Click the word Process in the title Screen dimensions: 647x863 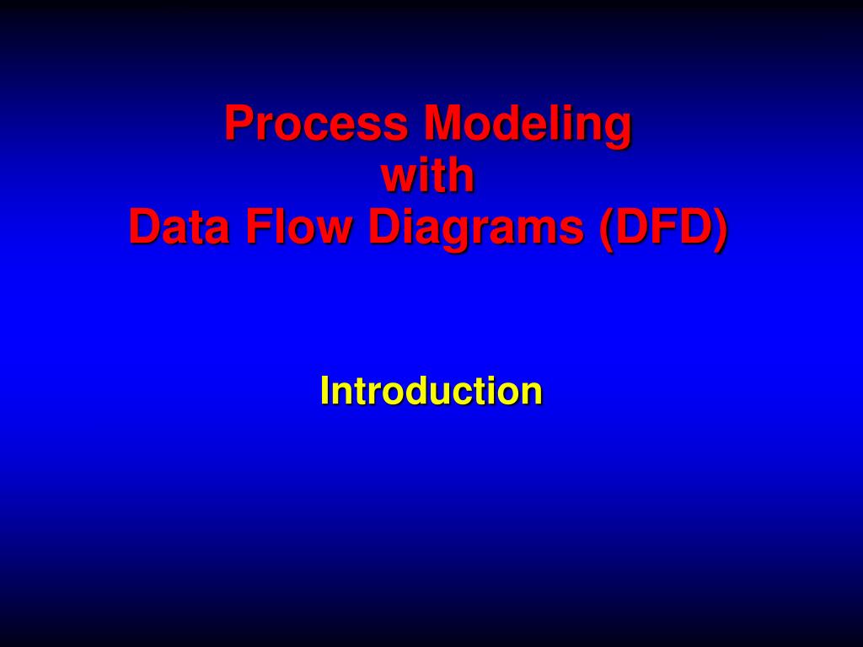[x=316, y=124]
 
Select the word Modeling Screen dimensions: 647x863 [x=527, y=124]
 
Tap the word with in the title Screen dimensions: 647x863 [x=428, y=176]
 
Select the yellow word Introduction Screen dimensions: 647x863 [x=431, y=391]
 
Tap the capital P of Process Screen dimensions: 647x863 [x=238, y=124]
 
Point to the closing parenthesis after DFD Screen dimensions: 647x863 [x=718, y=229]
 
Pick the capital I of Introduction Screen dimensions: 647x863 [x=324, y=391]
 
